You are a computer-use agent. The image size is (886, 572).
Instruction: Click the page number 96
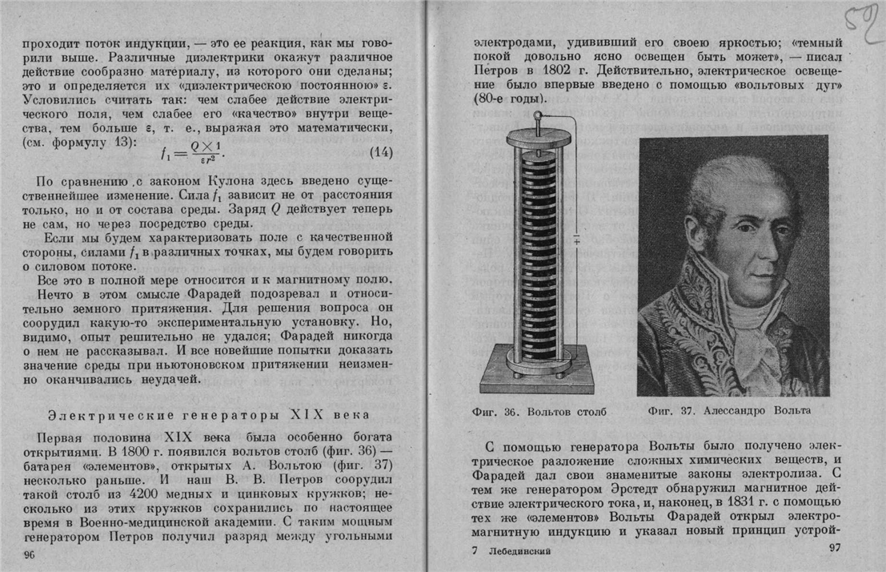click(x=30, y=554)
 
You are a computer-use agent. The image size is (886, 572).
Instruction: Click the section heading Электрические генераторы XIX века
click(x=208, y=415)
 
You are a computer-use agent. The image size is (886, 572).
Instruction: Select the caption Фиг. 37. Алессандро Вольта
click(x=729, y=411)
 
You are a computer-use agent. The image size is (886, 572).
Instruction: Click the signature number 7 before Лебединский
click(x=475, y=550)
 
